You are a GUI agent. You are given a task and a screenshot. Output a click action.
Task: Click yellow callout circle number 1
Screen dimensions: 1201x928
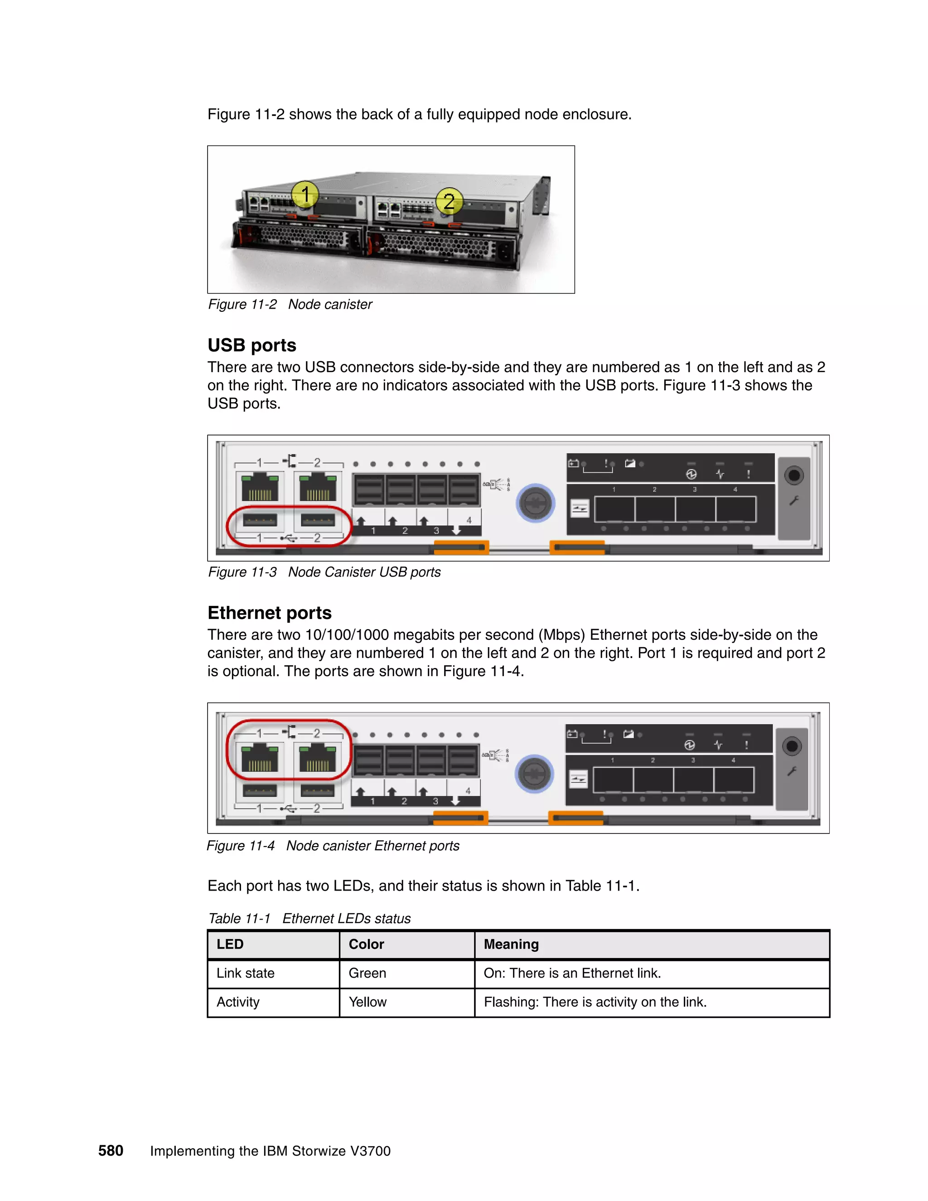click(305, 194)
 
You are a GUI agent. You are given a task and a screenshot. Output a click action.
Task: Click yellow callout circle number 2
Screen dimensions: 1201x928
click(449, 201)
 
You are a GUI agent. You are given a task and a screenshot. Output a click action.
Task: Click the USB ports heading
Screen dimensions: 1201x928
click(252, 345)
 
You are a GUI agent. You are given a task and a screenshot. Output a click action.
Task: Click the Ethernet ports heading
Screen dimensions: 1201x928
click(270, 613)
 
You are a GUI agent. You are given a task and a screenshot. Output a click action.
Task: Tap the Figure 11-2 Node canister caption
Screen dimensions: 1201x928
click(290, 304)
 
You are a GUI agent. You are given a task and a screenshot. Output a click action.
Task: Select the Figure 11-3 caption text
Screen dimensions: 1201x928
click(324, 572)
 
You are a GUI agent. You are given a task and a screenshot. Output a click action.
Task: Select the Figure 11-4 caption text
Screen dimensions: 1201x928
click(333, 845)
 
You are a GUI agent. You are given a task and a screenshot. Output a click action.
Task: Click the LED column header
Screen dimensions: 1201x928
click(230, 944)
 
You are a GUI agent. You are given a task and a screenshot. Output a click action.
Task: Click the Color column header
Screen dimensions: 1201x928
click(366, 944)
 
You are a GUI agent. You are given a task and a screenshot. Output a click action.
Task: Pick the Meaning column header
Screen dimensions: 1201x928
click(511, 944)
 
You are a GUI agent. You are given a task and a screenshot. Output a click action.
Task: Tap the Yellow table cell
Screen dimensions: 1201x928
click(367, 1002)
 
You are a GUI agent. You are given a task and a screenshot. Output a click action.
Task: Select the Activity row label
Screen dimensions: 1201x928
click(237, 1002)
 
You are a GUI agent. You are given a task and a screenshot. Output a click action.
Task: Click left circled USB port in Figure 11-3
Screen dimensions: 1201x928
click(260, 520)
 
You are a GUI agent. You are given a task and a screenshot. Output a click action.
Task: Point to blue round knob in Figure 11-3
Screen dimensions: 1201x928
click(536, 503)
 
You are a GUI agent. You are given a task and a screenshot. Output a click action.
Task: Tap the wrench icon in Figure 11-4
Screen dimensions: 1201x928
click(792, 771)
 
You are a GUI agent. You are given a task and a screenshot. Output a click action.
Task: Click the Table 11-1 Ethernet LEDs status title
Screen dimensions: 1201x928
click(309, 918)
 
